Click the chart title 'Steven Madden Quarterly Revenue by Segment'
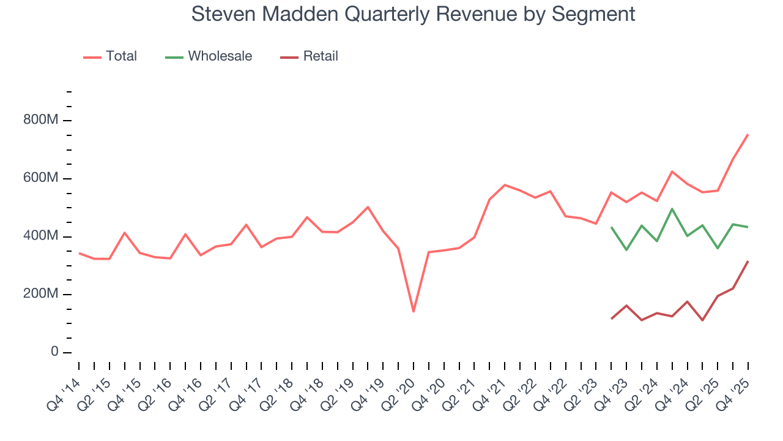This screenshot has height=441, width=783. tap(413, 13)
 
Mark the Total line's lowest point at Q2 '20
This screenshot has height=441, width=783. tap(414, 312)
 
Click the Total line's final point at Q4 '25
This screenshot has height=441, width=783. tap(748, 135)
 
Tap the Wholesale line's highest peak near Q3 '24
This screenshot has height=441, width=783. tap(672, 209)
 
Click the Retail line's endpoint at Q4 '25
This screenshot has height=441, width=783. tap(748, 262)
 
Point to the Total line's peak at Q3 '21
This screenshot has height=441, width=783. tap(505, 185)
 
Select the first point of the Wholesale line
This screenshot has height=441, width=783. tap(611, 227)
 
